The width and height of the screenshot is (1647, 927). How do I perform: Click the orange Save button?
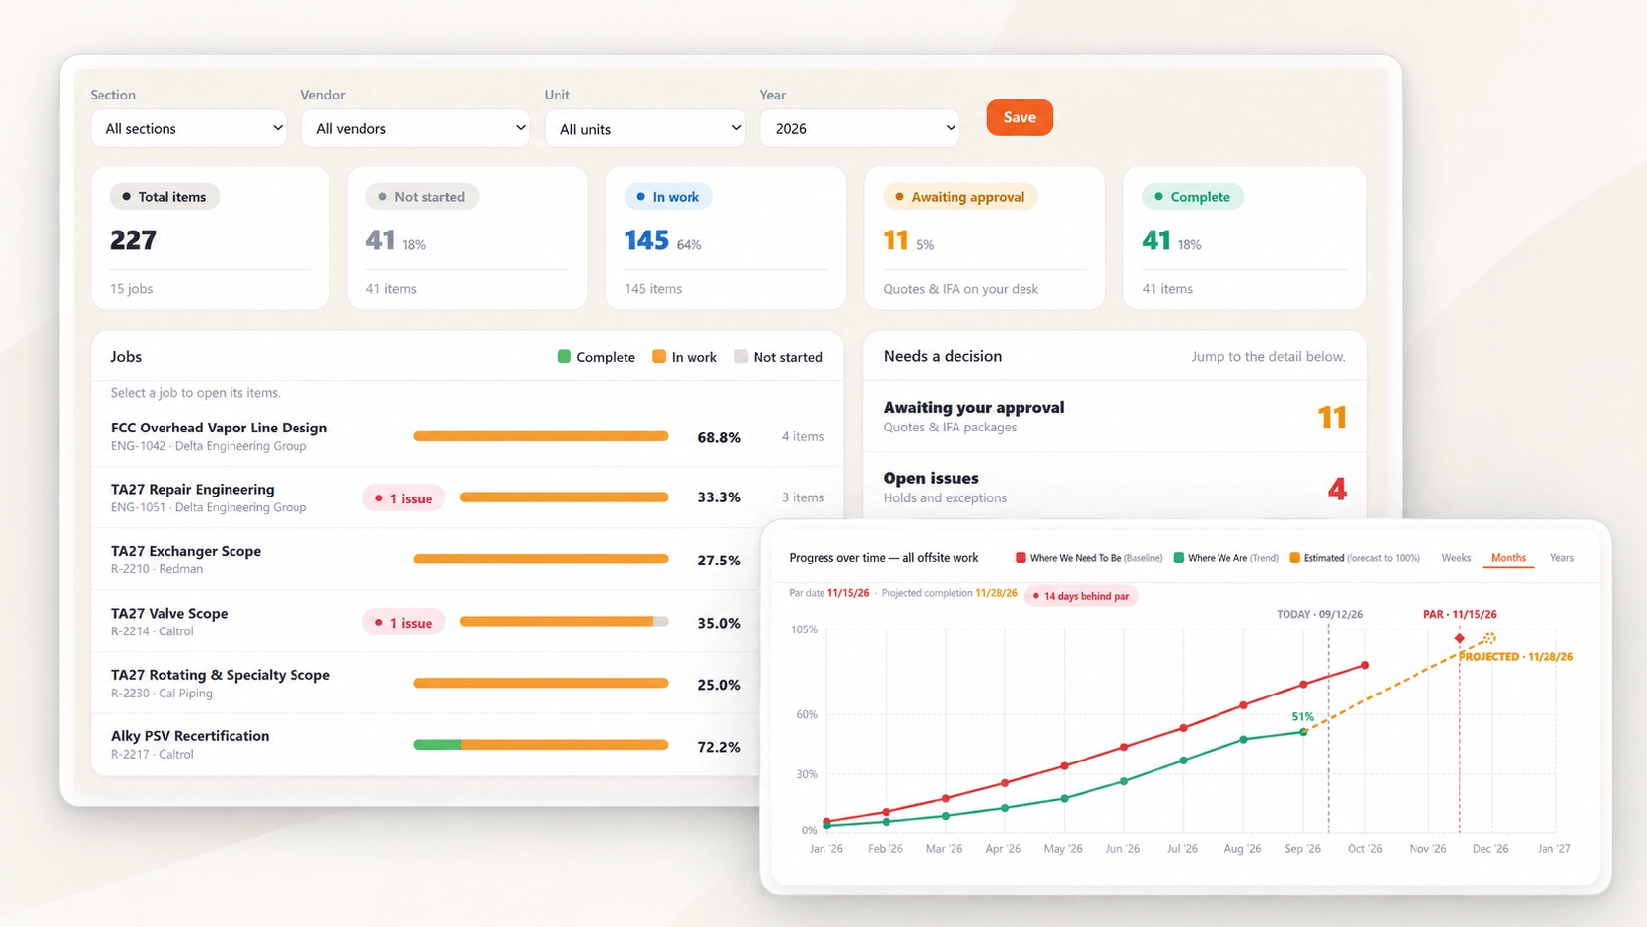1020,117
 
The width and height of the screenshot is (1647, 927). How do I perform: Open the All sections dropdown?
188,129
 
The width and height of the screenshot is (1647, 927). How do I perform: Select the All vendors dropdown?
416,129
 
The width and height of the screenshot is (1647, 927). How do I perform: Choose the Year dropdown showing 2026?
860,129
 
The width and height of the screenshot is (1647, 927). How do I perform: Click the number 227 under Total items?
133,240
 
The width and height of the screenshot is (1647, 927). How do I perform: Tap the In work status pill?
668,196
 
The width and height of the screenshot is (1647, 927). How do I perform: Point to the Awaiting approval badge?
959,196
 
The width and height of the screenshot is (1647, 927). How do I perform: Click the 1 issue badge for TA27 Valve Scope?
404,623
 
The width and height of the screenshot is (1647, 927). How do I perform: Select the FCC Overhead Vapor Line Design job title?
219,428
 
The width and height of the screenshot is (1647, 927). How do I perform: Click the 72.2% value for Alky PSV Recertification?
718,747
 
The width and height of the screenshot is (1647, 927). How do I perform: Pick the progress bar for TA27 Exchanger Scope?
541,559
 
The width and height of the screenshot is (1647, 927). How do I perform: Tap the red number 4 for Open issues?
1337,489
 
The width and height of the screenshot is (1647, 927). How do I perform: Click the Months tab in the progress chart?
1508,558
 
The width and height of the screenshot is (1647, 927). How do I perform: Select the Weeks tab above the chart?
1456,558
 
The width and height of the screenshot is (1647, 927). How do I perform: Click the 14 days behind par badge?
1081,596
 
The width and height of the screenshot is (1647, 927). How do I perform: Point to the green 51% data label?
1302,717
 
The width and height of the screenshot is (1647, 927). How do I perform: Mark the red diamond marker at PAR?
1460,638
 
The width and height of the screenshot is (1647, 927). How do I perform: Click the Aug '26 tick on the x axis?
1242,849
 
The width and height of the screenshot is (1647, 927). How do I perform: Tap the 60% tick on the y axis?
807,714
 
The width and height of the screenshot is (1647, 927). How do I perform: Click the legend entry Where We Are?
1225,558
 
